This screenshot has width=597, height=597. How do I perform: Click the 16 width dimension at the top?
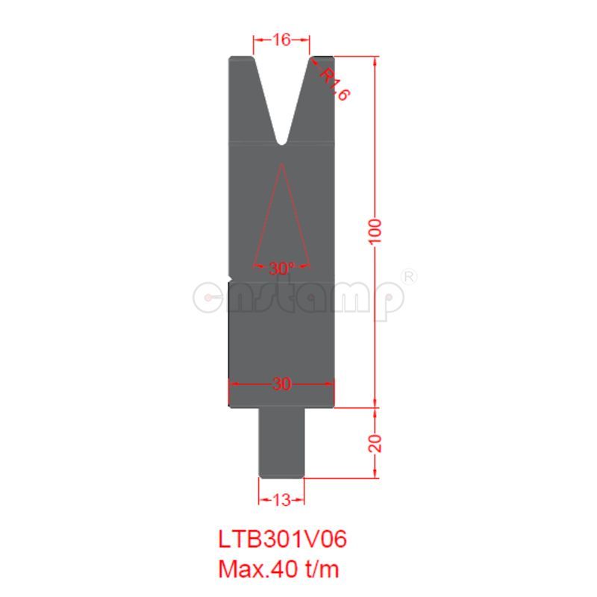[281, 40]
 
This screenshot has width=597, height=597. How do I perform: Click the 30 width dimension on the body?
[281, 384]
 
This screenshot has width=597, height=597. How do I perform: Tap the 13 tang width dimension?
[281, 501]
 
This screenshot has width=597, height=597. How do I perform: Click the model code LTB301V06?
[283, 539]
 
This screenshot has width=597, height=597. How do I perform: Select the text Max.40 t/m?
[278, 569]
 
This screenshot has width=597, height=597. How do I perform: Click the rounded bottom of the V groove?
[281, 140]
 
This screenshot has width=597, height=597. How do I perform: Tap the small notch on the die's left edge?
[231, 278]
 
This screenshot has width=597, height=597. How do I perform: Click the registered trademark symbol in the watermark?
[409, 276]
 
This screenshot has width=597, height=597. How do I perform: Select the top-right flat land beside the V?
[322, 57]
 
